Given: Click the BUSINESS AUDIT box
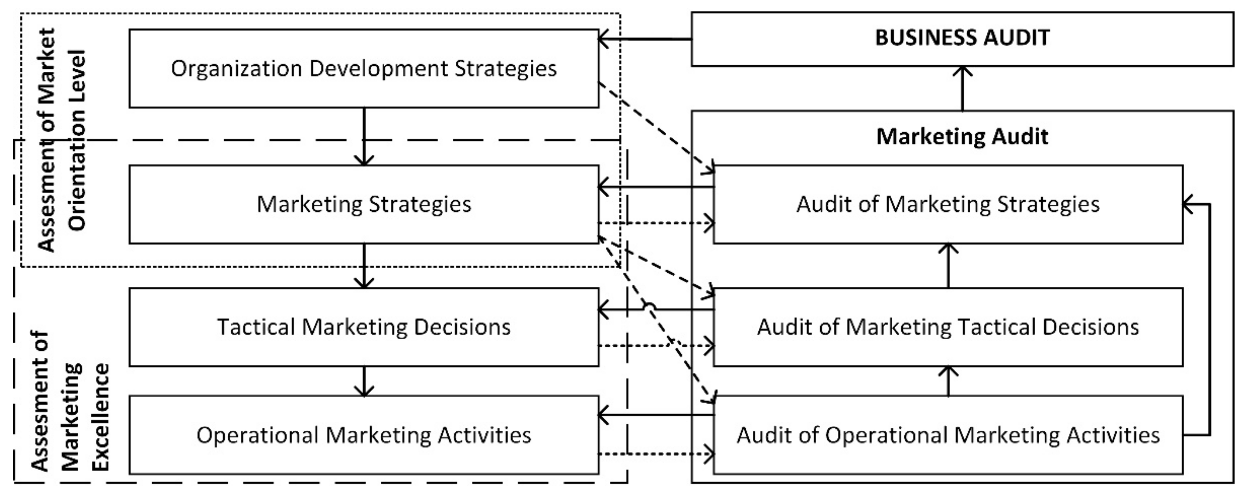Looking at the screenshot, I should [962, 39].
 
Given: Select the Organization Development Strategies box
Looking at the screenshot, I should [363, 68].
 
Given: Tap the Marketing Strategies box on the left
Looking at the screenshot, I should [363, 204].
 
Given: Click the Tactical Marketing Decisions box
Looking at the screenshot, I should [363, 327].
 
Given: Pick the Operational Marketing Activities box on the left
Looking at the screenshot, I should [363, 435].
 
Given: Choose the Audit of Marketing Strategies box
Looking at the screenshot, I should [947, 204].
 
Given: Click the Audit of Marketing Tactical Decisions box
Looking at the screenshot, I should [947, 327].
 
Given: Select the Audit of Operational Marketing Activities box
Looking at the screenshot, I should [947, 435].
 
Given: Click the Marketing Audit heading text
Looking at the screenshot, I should [962, 136].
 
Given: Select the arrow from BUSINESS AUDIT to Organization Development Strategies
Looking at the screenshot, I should [645, 39].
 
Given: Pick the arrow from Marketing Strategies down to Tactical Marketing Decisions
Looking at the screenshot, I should [363, 266].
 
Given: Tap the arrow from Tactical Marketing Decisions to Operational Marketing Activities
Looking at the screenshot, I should [363, 381].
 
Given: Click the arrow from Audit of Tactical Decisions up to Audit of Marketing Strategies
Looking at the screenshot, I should [948, 266].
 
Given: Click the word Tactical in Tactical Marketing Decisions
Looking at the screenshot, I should [256, 327].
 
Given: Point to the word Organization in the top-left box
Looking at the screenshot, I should [236, 68].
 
